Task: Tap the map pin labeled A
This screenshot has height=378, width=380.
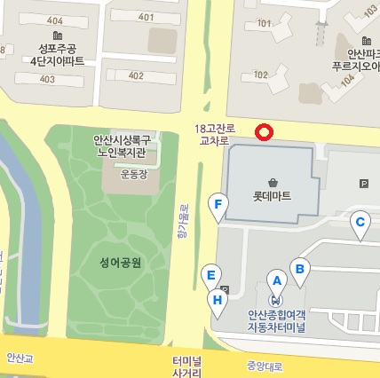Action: tap(276, 281)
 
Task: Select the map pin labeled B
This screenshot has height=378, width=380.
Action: tap(300, 269)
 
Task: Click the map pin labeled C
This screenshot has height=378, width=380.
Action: tap(360, 224)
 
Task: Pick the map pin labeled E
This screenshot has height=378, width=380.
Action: tap(211, 276)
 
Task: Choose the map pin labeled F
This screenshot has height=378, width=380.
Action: tap(218, 205)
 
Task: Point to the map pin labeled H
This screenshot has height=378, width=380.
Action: tap(217, 302)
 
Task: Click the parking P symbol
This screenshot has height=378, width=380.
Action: tap(363, 184)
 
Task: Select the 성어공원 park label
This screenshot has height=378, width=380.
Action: tap(121, 261)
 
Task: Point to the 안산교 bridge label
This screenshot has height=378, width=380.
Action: tap(19, 359)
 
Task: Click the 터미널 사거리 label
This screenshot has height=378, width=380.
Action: tap(186, 366)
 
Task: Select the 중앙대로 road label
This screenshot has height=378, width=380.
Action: tap(264, 364)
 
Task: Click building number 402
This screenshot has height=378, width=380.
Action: tap(135, 75)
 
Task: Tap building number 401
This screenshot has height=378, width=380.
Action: tap(146, 18)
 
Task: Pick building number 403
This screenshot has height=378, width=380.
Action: tap(47, 79)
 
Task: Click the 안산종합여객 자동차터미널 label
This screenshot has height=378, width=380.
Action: tap(276, 321)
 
